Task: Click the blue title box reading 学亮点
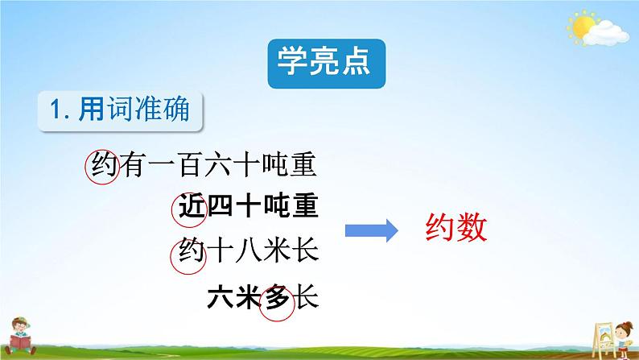pos(327,64)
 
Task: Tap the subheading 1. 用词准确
pos(120,110)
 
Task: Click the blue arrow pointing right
pos(371,231)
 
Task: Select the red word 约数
pos(456,228)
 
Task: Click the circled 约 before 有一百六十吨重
pos(102,166)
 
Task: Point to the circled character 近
pos(188,209)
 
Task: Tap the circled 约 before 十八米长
pos(188,256)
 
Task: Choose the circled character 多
pos(277,302)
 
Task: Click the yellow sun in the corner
pos(583,27)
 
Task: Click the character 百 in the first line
pos(191,165)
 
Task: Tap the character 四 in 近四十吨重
pos(220,206)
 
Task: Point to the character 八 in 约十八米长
pos(247,250)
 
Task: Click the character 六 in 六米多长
pos(220,296)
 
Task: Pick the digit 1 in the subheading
pos(56,110)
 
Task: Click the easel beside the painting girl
pos(604,340)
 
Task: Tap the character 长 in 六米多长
pos(307,296)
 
